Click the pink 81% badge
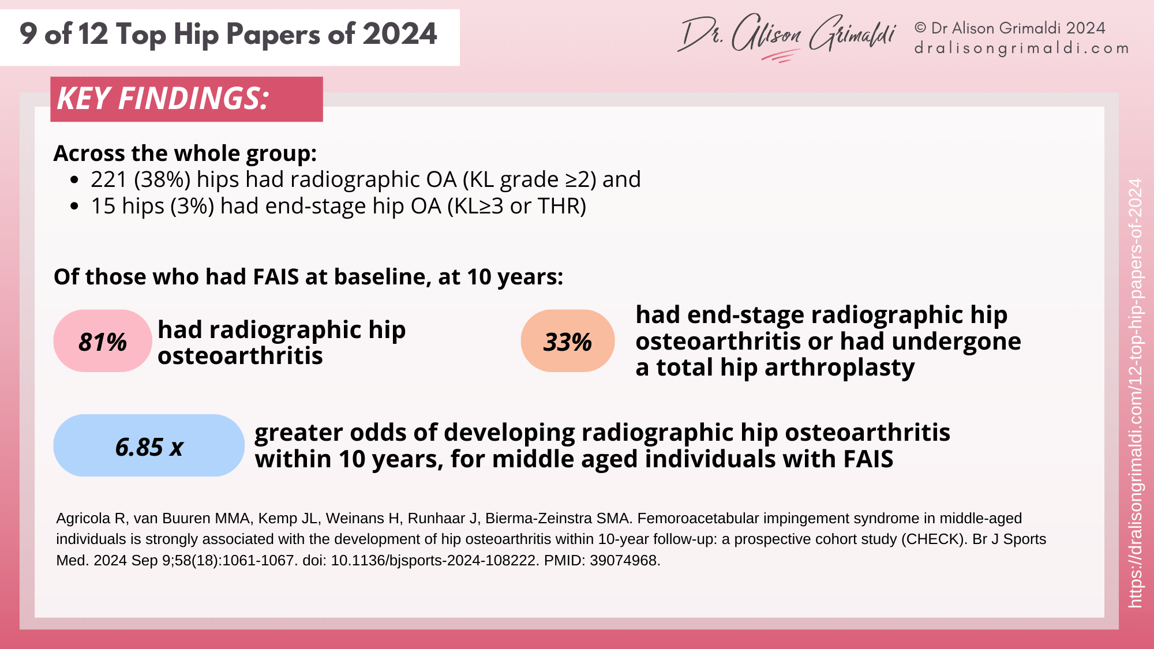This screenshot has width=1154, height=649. tap(103, 342)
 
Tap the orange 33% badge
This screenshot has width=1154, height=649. tap(568, 342)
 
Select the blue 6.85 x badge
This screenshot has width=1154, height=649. tap(149, 446)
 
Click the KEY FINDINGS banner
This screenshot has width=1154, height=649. tap(186, 99)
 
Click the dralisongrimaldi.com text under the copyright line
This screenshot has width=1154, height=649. tap(1021, 48)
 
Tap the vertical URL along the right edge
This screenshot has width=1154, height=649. tap(1135, 392)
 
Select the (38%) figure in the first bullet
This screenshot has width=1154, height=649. tap(162, 179)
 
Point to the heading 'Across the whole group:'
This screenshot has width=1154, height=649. tap(185, 153)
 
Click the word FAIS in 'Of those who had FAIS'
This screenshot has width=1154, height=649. tap(275, 277)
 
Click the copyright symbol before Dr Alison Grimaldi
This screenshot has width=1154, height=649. tap(920, 28)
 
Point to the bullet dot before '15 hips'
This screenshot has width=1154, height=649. tap(74, 207)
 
